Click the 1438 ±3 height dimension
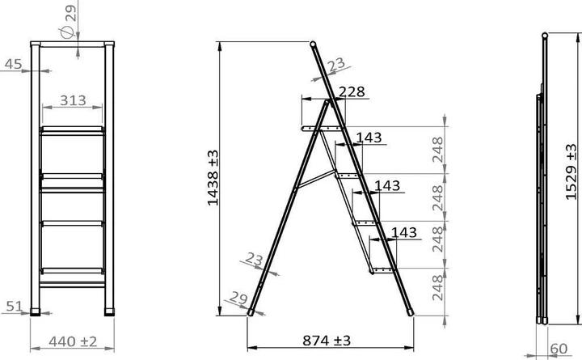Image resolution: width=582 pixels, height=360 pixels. coord(213,178)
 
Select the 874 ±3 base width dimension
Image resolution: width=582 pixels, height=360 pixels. coord(327,341)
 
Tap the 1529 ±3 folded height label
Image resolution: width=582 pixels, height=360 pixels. coord(571,172)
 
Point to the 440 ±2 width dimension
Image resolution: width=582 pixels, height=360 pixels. coord(73,341)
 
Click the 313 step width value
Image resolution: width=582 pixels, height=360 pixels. coord(73,100)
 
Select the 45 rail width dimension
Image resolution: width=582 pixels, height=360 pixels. coord(14,64)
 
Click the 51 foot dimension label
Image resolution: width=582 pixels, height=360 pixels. coord(15,306)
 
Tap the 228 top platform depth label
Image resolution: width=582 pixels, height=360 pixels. coord(352,91)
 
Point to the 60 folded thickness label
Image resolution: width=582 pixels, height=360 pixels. coord(559,349)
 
